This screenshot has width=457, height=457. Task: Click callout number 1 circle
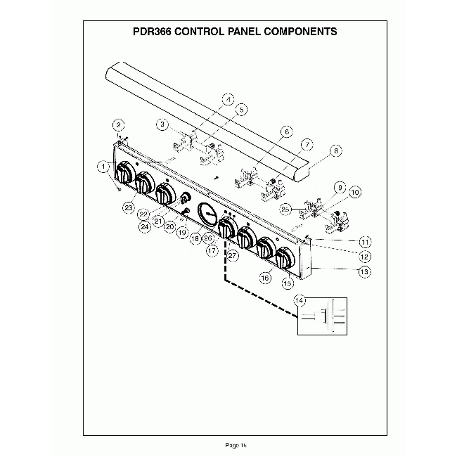[103, 167]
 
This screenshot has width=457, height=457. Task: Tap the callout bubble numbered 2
[119, 124]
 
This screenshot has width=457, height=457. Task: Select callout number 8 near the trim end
[336, 150]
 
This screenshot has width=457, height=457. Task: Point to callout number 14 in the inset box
[300, 300]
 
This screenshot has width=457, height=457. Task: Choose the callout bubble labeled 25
[284, 209]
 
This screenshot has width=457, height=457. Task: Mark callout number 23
[129, 207]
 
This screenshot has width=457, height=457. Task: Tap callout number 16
[265, 278]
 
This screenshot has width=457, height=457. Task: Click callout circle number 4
[227, 99]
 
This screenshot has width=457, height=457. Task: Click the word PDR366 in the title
[153, 32]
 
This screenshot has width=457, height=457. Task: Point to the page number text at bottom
[236, 444]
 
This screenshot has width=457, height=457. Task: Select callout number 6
[286, 131]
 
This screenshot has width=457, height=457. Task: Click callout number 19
[182, 231]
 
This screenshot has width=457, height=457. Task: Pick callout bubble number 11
[365, 241]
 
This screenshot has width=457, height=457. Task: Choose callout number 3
[162, 124]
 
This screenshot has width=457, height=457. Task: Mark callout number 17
[210, 248]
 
